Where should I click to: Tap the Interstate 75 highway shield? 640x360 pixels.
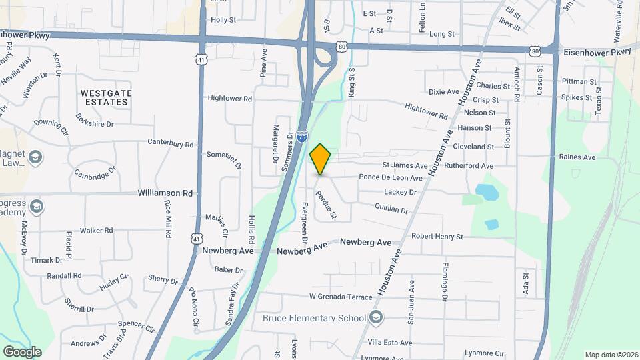(302, 137)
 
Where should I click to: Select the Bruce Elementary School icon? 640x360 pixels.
(377, 317)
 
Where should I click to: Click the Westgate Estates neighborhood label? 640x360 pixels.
(106, 97)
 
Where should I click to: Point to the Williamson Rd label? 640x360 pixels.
(165, 193)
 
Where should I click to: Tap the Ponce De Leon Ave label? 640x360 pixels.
(391, 178)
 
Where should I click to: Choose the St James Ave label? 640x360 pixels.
(404, 165)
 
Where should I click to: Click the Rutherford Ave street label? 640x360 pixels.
(469, 165)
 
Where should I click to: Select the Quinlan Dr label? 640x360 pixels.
(391, 209)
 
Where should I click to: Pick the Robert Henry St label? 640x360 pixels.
(437, 236)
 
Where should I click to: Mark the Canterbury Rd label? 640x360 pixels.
(170, 143)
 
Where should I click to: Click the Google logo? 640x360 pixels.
(22, 352)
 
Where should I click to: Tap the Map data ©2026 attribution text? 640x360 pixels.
(610, 354)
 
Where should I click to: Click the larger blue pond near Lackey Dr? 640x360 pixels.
(487, 193)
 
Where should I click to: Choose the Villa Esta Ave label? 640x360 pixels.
(390, 343)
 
